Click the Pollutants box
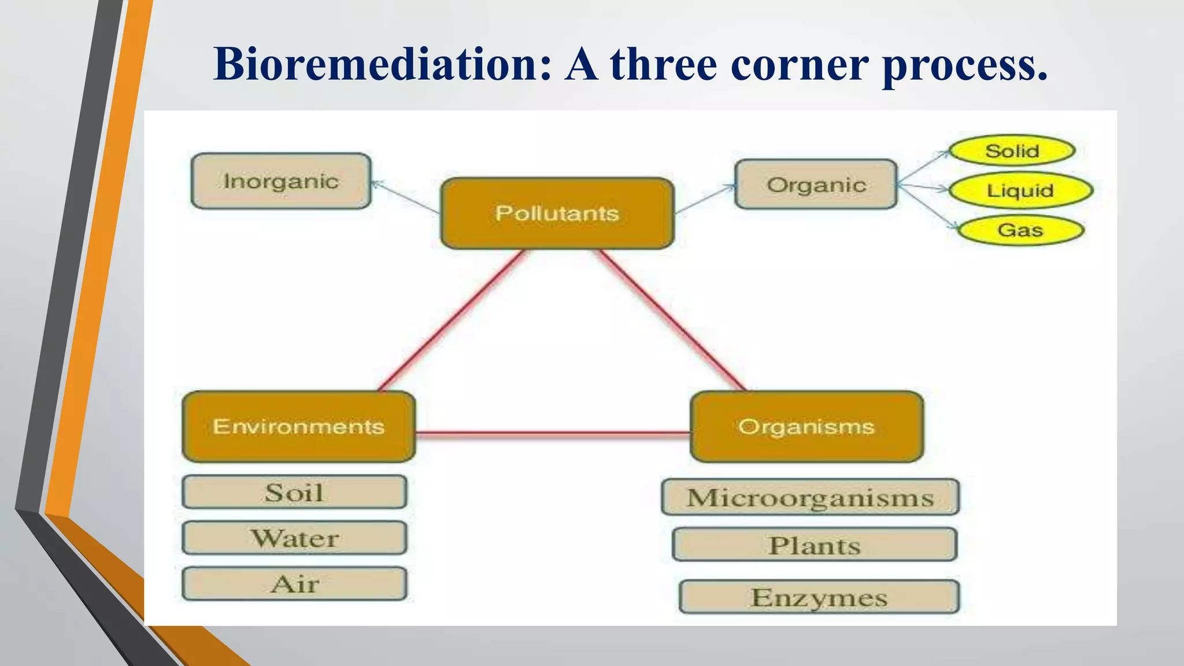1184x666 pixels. [557, 213]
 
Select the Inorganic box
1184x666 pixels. [281, 181]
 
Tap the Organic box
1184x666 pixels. [816, 184]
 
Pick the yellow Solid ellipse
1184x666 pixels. [1012, 151]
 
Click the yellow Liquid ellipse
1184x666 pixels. [1020, 190]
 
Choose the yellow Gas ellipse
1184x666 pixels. [1020, 230]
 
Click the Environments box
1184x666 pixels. [298, 427]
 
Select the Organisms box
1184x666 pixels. [806, 427]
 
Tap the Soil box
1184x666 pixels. [294, 493]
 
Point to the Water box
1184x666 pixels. [294, 538]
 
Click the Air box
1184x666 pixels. [294, 584]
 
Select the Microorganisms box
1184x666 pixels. [810, 497]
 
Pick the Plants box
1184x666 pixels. [814, 545]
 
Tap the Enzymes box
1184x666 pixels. [819, 597]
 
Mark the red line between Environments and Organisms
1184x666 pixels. [553, 432]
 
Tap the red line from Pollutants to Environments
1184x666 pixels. [451, 321]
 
